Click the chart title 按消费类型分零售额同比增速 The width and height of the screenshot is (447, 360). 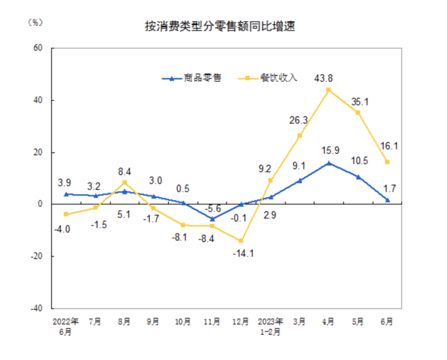[220, 27]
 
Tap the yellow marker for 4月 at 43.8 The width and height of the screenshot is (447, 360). [329, 90]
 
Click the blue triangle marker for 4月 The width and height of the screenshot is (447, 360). [329, 163]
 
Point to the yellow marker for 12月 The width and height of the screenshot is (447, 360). [241, 241]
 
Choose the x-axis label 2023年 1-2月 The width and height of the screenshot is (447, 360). [271, 326]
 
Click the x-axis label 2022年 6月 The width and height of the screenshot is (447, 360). [66, 326]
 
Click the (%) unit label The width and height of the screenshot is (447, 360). [34, 22]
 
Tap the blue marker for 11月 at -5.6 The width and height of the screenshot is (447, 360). [212, 218]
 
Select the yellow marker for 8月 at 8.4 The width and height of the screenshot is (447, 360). [125, 183]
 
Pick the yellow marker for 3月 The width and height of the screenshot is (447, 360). [300, 135]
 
